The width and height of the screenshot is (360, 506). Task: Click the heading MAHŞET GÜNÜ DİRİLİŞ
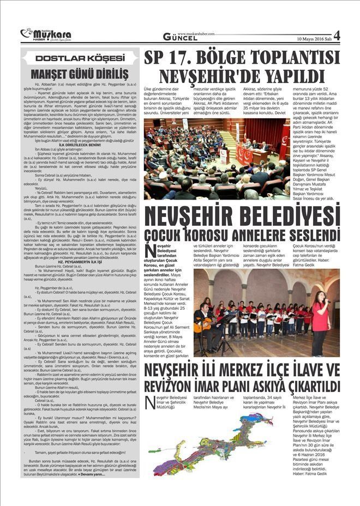click(80, 73)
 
